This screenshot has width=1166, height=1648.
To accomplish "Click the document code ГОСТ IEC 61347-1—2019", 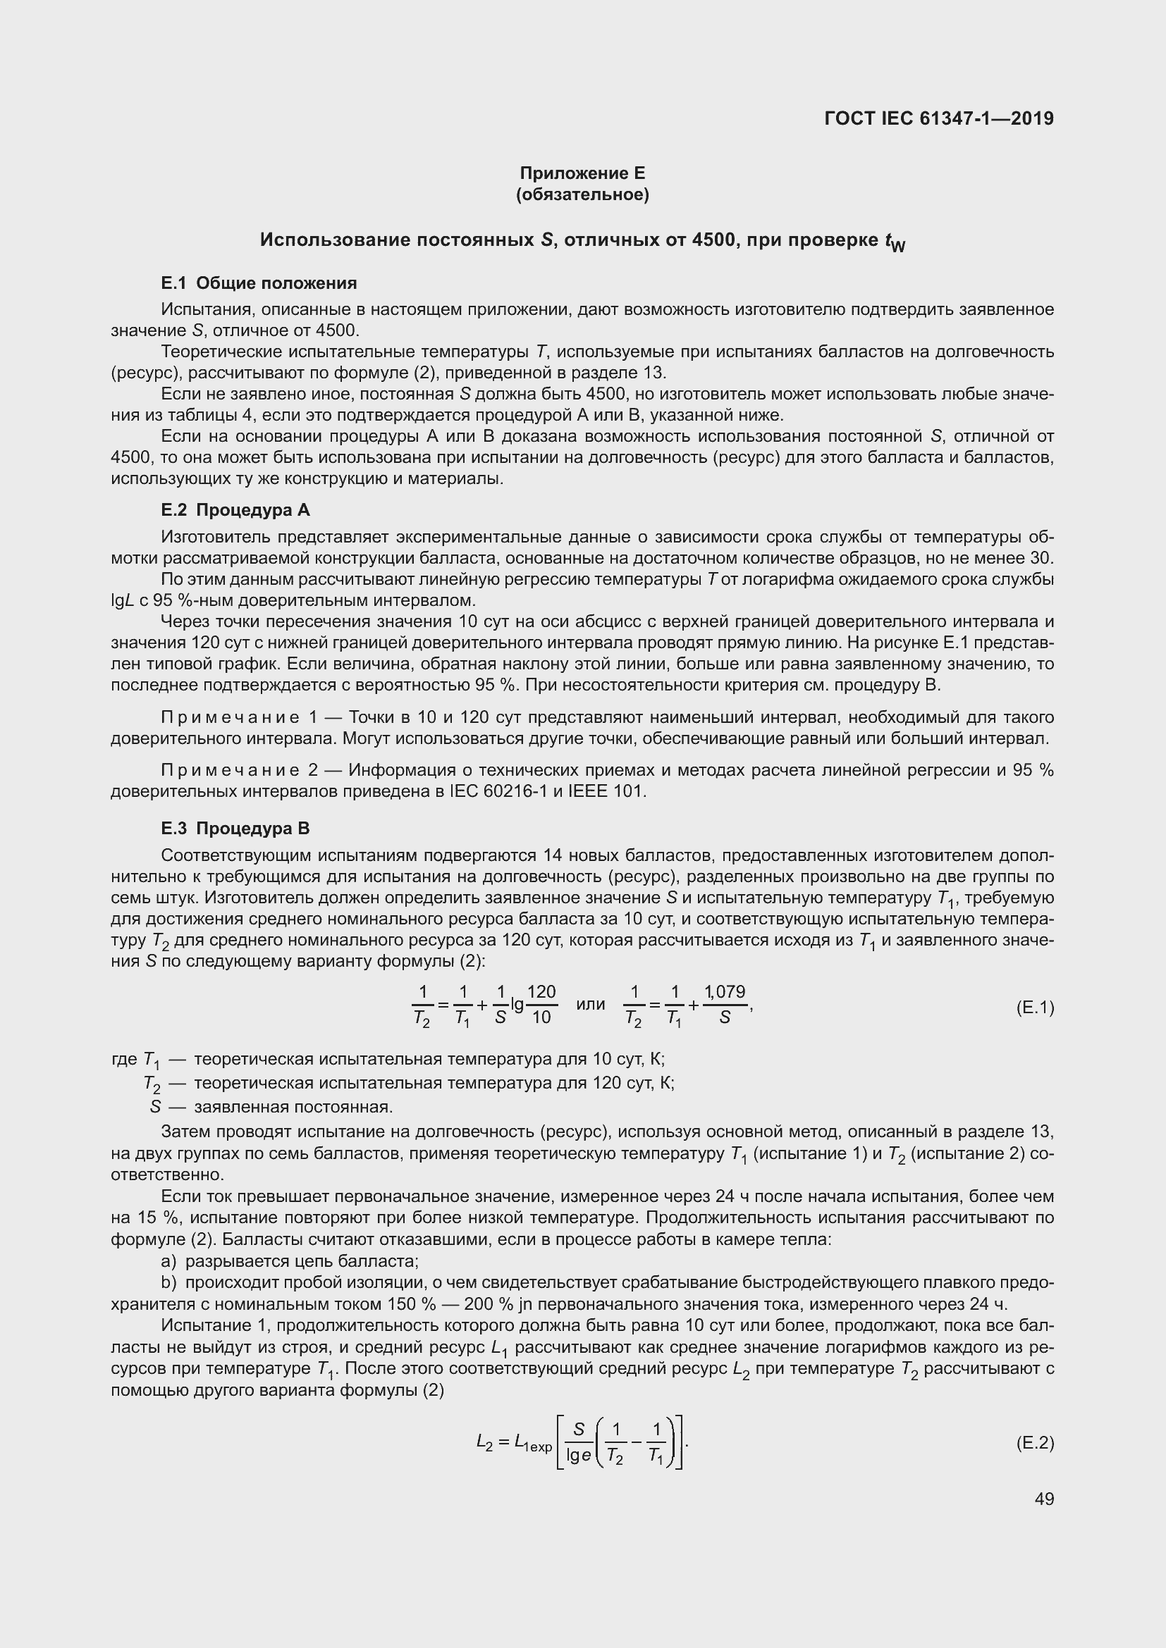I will click(x=939, y=118).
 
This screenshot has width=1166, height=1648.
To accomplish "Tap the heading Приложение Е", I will click(x=582, y=173).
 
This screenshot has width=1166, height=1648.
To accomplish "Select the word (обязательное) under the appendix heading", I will click(x=582, y=194).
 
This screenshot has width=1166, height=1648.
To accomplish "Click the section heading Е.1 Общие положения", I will click(x=259, y=283).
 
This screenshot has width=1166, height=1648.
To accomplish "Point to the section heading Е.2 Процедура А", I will click(x=235, y=510).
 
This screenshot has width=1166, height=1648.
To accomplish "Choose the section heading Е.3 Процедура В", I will click(x=235, y=829).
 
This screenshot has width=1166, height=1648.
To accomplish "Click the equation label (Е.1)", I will click(x=1035, y=1008).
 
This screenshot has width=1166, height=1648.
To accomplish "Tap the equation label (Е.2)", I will click(x=1035, y=1443).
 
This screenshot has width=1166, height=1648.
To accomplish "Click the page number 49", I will click(x=1045, y=1499).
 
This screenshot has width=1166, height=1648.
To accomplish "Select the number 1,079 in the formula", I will click(x=725, y=992).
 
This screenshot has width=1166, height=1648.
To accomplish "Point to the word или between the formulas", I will click(x=590, y=1005).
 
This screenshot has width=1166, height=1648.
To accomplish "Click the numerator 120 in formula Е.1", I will click(x=541, y=992).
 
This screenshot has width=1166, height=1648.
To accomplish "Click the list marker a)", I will click(x=168, y=1261).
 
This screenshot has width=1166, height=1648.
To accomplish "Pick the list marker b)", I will click(x=168, y=1282).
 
